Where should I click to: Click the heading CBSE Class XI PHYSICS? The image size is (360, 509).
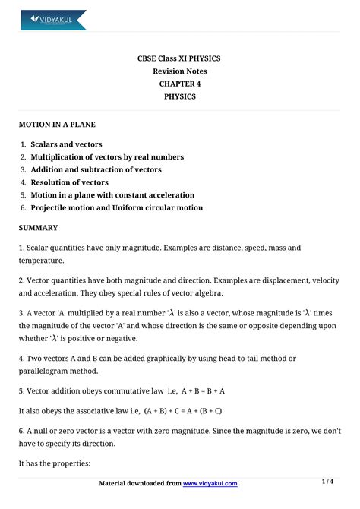(179, 58)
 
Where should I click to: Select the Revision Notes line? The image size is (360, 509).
(179, 71)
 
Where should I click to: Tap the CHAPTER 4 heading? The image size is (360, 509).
(179, 84)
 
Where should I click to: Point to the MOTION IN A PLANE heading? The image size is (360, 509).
(57, 124)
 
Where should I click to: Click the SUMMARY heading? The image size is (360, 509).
(38, 228)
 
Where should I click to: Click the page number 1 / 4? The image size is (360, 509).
(328, 482)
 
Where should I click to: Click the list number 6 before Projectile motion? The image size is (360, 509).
(24, 207)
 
